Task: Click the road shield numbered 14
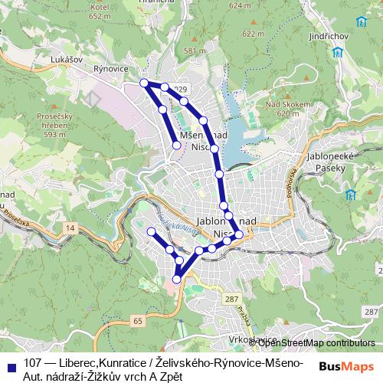pyautogui.click(x=70, y=228)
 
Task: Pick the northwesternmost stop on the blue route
pyautogui.click(x=143, y=83)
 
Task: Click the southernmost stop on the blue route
pyautogui.click(x=177, y=280)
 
